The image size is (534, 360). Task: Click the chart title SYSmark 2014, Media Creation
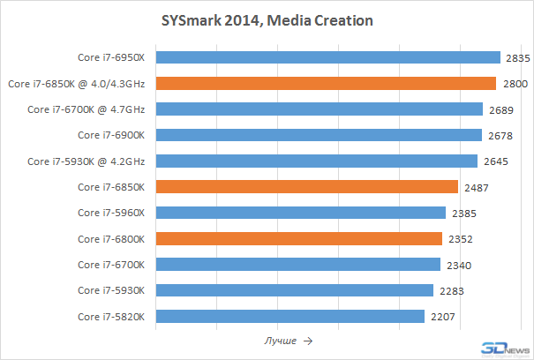pos(267,20)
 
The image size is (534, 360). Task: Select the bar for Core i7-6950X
pos(328,58)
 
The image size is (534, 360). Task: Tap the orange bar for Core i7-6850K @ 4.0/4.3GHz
pos(326,84)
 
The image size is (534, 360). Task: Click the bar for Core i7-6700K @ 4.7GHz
pos(320,109)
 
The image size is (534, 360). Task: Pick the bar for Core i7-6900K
pos(319,135)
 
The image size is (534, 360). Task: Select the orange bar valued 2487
pos(307,187)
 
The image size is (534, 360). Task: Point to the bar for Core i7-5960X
pos(301,213)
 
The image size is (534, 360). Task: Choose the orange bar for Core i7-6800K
pos(299,238)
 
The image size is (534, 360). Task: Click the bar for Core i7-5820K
pos(290,316)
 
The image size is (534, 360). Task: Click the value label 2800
pos(515,84)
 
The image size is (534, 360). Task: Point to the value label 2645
pos(495,161)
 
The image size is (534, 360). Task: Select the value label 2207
pos(443,316)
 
